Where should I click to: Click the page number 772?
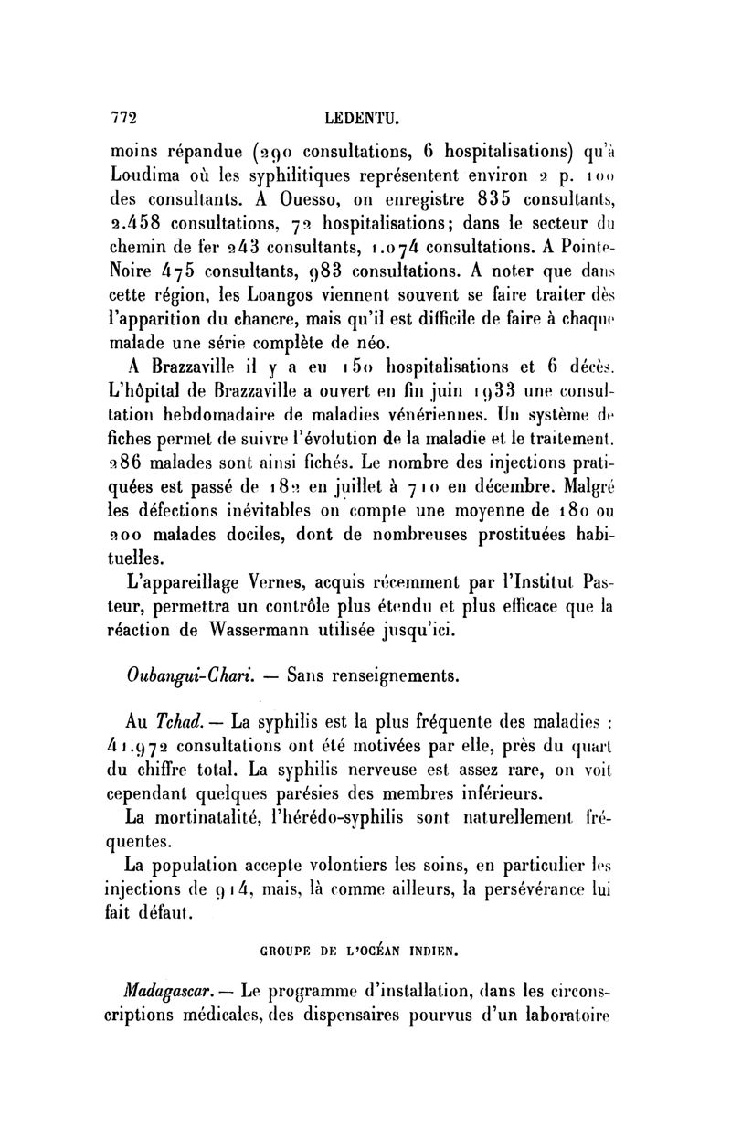tap(122, 118)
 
